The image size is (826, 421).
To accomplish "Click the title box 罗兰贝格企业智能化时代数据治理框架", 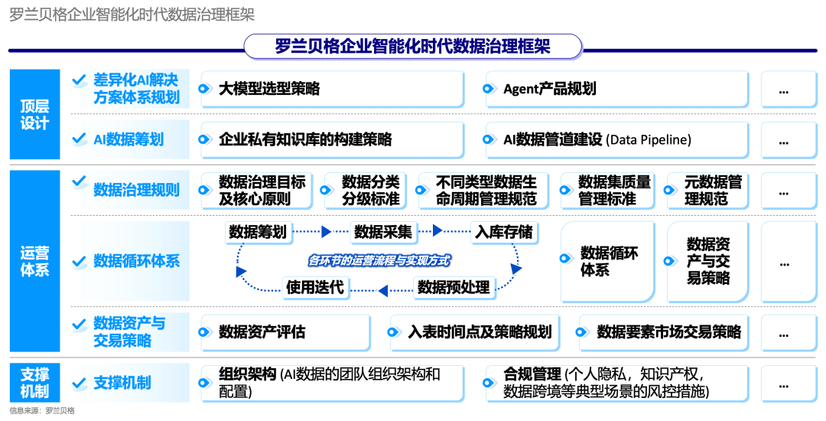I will pyautogui.click(x=413, y=47).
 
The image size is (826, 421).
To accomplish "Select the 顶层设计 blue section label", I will pyautogui.click(x=34, y=114).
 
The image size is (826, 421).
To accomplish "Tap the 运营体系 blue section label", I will pyautogui.click(x=34, y=260).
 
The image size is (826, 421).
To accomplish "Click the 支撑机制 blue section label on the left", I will pyautogui.click(x=34, y=383).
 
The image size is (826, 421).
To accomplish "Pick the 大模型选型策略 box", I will pyautogui.click(x=332, y=89).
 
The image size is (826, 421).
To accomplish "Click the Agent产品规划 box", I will pyautogui.click(x=616, y=89).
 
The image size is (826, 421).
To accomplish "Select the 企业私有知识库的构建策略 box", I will pyautogui.click(x=332, y=139).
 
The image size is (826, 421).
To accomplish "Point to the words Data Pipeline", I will pyautogui.click(x=650, y=139).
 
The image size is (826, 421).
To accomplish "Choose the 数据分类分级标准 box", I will pyautogui.click(x=371, y=191).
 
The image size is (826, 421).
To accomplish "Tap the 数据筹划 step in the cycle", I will pyautogui.click(x=258, y=231).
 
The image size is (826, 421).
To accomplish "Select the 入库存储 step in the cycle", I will pyautogui.click(x=503, y=231).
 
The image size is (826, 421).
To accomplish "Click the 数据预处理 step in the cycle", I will pyautogui.click(x=454, y=287).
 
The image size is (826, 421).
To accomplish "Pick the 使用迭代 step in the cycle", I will pyautogui.click(x=315, y=287).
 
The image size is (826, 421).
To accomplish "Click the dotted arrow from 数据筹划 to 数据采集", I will pyautogui.click(x=320, y=231).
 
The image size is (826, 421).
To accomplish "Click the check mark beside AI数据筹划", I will pyautogui.click(x=78, y=139).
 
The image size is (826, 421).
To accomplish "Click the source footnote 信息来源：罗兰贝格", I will pyautogui.click(x=42, y=411).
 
